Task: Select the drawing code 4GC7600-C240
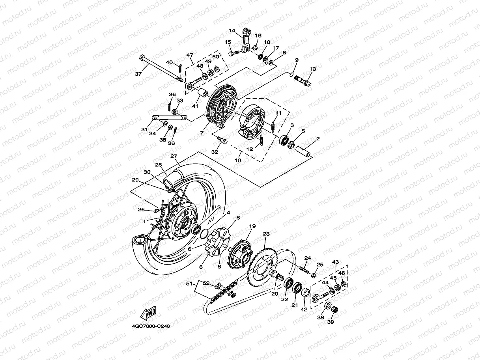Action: coord(151,326)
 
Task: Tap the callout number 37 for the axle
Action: coord(138,74)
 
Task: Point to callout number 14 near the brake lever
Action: coord(232,30)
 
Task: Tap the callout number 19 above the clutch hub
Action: coord(252,226)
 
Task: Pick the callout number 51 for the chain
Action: coord(190,283)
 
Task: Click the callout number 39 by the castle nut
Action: coord(331,322)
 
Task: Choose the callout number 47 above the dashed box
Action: coord(190,55)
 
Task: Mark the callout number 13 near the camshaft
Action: coord(313,69)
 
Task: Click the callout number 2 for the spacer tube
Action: coord(318,139)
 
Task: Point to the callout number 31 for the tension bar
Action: coord(144,129)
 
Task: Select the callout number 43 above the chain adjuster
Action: coord(335,262)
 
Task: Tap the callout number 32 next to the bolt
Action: coord(215,152)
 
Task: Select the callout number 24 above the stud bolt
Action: coord(308,258)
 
